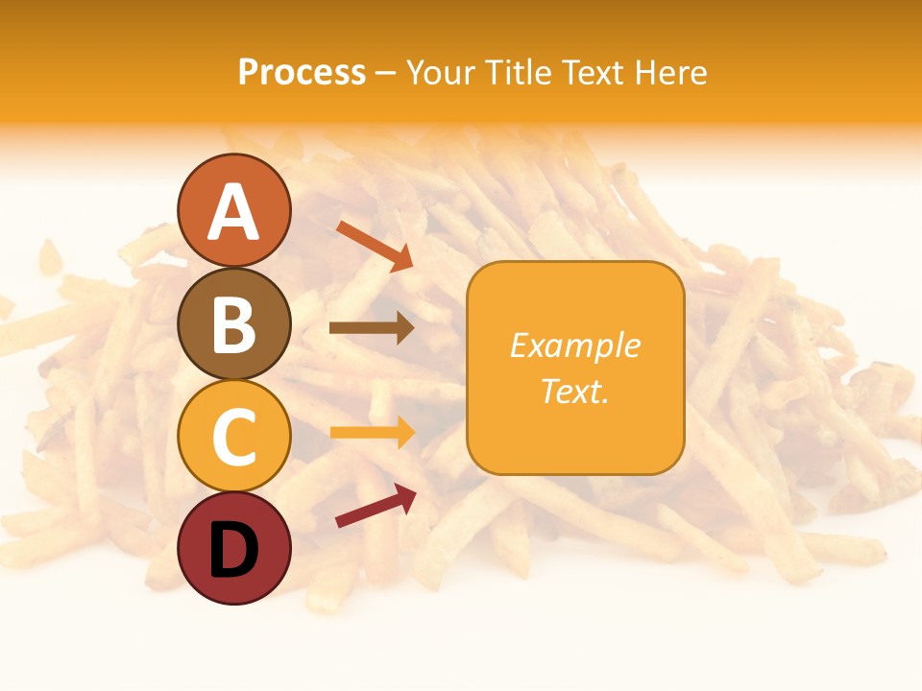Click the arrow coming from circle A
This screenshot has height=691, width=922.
click(x=375, y=246)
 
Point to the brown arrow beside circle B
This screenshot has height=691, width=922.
click(x=372, y=328)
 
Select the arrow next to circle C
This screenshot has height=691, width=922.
click(x=373, y=432)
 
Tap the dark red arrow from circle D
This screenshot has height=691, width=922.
click(x=376, y=506)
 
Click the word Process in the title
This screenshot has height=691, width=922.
click(x=302, y=73)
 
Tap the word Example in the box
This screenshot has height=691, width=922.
click(x=575, y=345)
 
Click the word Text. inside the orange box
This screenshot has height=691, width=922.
click(x=575, y=392)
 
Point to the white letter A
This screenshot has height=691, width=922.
click(x=233, y=213)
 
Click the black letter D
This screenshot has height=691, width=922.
click(x=233, y=549)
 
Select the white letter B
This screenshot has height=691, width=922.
click(x=233, y=323)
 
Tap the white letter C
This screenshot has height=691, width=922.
click(x=233, y=437)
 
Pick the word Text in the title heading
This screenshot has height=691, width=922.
click(x=590, y=73)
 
